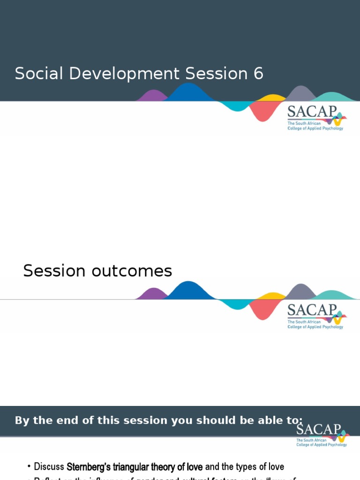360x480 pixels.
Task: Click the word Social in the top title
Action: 36,74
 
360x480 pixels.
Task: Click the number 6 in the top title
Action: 259,74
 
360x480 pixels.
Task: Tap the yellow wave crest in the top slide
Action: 271,98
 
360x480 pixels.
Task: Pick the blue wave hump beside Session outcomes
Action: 188,291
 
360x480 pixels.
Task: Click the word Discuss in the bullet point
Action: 49,467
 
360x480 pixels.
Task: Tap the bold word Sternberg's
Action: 89,467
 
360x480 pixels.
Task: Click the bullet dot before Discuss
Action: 29,467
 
